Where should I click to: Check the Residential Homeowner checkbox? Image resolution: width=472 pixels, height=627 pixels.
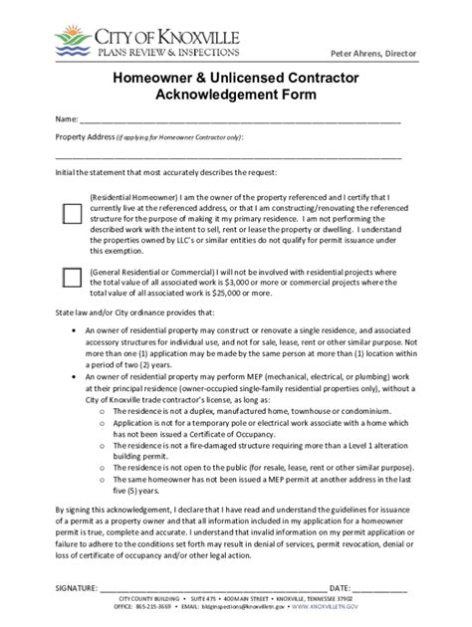click(72, 212)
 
